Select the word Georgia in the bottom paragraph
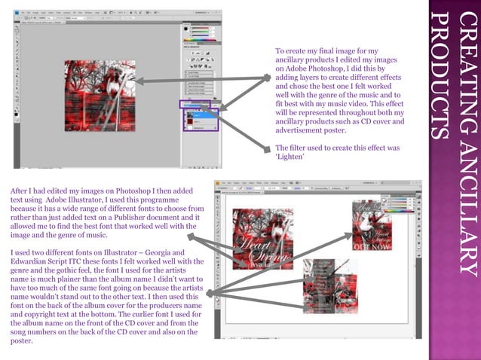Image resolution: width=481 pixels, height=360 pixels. click(170, 251)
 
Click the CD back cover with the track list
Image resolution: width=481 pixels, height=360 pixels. click(329, 286)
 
